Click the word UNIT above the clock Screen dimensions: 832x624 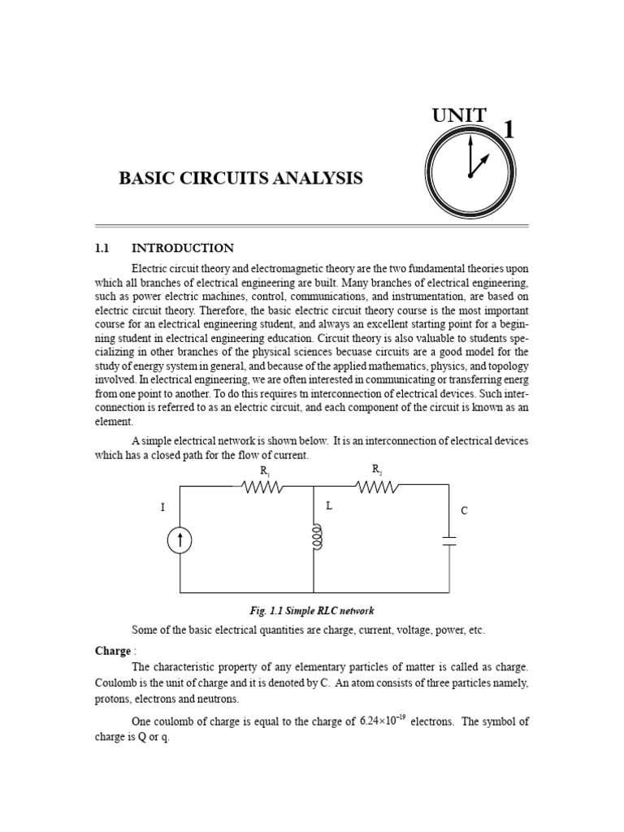coord(460,115)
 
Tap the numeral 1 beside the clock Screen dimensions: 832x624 coord(509,130)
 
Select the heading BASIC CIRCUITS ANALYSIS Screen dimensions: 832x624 coord(240,178)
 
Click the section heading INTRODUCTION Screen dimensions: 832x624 coord(183,248)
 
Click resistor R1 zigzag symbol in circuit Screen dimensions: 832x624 coord(261,487)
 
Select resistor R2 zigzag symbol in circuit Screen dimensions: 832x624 coord(375,487)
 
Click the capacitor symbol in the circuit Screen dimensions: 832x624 coord(448,541)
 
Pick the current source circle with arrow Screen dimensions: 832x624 coord(180,541)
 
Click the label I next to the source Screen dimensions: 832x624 coord(162,508)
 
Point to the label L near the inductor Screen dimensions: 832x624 coord(329,505)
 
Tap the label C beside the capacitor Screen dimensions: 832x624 coord(464,511)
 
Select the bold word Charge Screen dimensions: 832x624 coord(112,651)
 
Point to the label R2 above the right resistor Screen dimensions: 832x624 coord(377,469)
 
